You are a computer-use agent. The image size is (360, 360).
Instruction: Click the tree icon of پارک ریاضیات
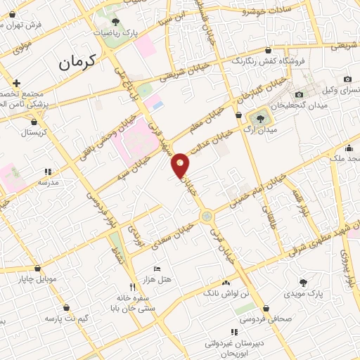pyautogui.click(x=115, y=22)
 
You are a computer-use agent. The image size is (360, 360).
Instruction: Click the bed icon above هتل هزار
pyautogui.click(x=157, y=269)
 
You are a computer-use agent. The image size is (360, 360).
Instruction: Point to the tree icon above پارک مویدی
pyautogui.click(x=304, y=283)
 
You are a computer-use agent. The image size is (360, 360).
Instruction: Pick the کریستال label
pyautogui.click(x=33, y=131)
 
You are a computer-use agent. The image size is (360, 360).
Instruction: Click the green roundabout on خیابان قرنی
pyautogui.click(x=207, y=217)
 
